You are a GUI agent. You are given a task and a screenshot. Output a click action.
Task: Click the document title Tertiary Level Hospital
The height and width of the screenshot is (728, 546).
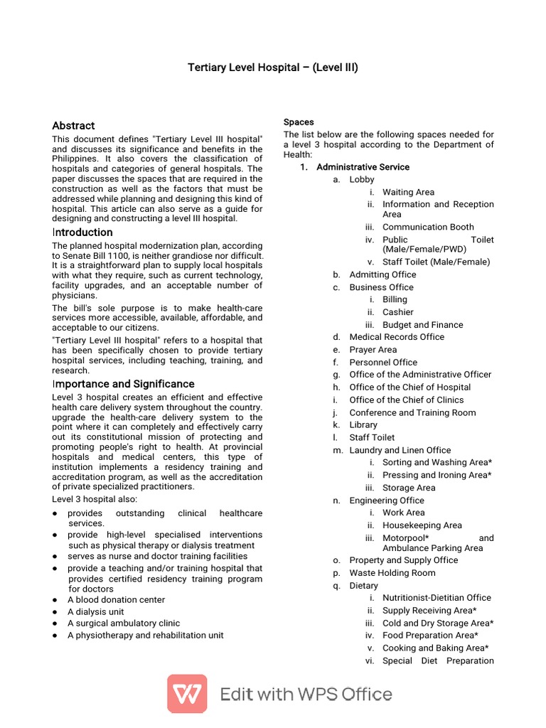273,68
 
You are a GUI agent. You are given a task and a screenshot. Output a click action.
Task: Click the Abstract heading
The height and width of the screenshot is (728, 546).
73,125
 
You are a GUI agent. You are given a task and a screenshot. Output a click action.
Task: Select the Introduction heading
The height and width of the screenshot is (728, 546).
82,232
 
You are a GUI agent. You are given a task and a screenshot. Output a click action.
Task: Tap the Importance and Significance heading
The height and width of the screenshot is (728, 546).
123,384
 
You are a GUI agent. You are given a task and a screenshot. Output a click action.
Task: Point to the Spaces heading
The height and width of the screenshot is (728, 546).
299,122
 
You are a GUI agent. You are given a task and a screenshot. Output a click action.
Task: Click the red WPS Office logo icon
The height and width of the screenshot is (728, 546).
187,694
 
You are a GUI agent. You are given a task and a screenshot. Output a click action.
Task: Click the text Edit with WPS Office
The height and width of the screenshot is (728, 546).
306,694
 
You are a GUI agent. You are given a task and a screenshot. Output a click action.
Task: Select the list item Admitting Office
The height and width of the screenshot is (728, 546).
382,274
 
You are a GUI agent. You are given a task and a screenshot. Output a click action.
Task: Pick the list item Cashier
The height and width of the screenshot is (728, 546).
397,312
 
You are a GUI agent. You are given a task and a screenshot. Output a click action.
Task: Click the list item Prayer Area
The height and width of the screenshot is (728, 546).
373,350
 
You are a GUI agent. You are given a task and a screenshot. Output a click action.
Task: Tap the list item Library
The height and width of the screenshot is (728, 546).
363,425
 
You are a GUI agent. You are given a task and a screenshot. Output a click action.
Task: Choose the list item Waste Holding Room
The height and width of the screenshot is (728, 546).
392,573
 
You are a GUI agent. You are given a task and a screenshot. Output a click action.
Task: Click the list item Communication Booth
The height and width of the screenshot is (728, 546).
428,227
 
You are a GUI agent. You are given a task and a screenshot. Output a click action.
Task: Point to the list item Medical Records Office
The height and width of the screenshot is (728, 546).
397,337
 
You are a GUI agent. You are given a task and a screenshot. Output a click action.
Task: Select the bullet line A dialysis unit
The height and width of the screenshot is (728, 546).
95,611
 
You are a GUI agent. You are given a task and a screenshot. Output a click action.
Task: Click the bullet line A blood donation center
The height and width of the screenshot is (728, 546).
116,600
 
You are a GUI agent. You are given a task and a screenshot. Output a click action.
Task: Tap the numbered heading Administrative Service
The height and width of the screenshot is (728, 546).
363,167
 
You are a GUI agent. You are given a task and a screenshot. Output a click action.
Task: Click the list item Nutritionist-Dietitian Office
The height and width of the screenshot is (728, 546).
437,598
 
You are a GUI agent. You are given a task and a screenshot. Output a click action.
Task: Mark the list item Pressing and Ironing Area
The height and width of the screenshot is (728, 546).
437,475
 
